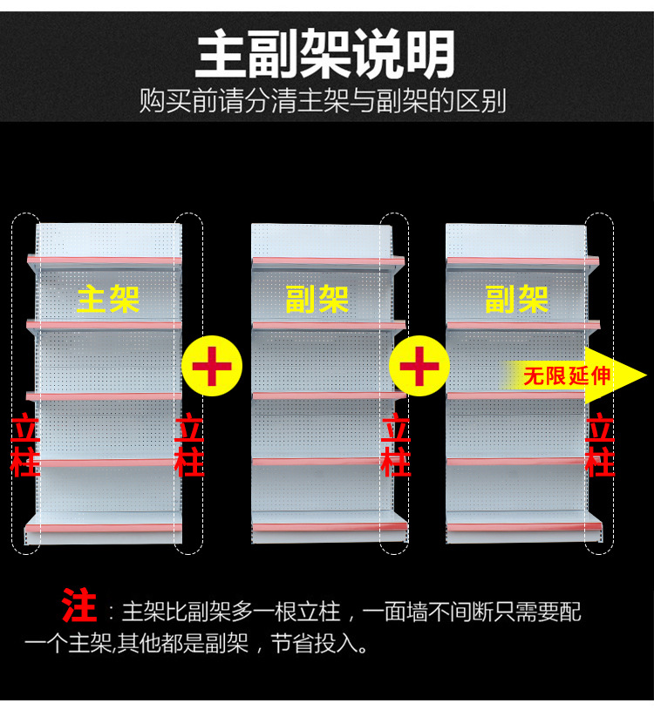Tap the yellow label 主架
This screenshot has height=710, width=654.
[108, 299]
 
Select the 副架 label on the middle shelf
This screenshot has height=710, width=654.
[317, 299]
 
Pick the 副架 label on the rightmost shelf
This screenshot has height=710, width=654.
[516, 299]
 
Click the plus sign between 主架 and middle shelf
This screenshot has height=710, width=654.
[211, 366]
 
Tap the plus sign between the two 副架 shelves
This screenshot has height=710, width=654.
[419, 366]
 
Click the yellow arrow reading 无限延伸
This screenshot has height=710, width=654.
[576, 376]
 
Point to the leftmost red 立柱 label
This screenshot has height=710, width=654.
[24, 446]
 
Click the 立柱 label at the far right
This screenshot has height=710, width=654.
[601, 446]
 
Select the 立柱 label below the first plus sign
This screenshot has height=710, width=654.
[189, 446]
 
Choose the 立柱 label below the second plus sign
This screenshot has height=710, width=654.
[396, 446]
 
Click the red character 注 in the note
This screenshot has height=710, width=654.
[79, 605]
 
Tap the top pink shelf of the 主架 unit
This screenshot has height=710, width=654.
[105, 260]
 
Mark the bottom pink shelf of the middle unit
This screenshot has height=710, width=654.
[329, 526]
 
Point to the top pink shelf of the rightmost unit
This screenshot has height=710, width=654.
[523, 260]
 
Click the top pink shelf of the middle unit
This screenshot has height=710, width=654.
[329, 260]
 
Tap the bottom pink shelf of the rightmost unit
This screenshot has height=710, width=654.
[523, 526]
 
